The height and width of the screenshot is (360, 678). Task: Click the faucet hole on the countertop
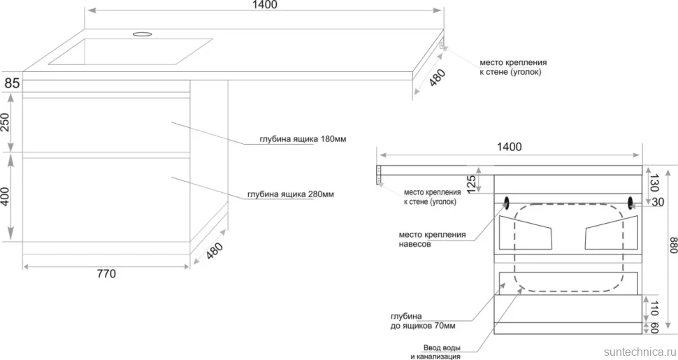(143, 34)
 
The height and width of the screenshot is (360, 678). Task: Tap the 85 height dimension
(12, 82)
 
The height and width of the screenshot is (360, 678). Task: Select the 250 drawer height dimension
(5, 122)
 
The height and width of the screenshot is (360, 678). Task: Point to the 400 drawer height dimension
(5, 196)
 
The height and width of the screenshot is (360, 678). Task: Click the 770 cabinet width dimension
(106, 274)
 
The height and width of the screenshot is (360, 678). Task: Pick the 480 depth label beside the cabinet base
(214, 250)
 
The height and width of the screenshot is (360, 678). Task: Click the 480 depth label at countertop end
(437, 78)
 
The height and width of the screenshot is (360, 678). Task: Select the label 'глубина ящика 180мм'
(303, 139)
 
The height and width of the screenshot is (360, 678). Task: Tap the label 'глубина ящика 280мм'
(291, 194)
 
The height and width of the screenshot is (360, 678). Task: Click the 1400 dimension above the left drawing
(265, 5)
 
